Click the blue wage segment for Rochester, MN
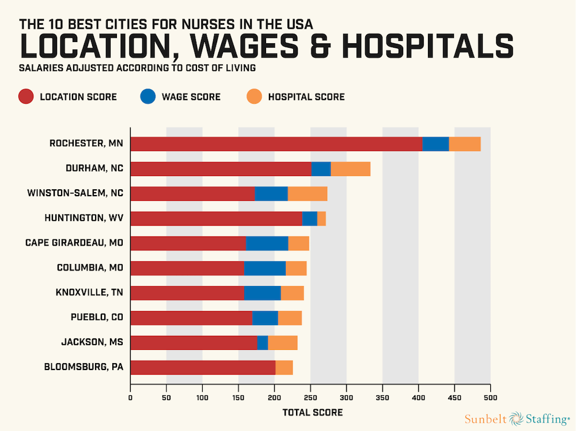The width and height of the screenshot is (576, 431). (x=435, y=144)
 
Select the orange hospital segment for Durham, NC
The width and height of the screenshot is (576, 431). (x=350, y=169)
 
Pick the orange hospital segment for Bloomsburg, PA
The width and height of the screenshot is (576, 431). (x=284, y=367)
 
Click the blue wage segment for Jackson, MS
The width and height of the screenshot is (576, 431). (x=263, y=342)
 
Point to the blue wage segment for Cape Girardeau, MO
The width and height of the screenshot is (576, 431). (x=267, y=243)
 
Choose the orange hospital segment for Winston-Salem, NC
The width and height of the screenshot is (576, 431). (x=308, y=194)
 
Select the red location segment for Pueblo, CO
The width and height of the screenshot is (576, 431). (x=191, y=318)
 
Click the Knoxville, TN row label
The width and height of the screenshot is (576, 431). (x=89, y=292)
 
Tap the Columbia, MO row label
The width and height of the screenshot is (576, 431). (x=90, y=268)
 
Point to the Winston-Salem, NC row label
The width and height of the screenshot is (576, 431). (x=75, y=193)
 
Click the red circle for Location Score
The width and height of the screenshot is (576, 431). (x=25, y=97)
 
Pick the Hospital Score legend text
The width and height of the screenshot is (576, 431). (x=306, y=97)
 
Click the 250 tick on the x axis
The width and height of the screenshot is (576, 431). (x=310, y=397)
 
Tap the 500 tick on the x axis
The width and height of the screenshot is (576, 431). (x=490, y=397)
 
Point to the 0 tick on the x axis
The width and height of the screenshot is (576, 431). (x=131, y=397)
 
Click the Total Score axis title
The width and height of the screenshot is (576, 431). (x=312, y=413)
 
